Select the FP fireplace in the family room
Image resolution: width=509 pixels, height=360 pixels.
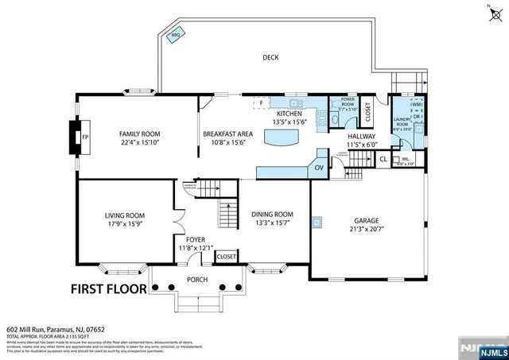click(85, 137)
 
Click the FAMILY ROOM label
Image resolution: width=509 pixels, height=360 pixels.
click(140, 134)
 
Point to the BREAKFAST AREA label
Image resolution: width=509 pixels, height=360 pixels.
click(227, 134)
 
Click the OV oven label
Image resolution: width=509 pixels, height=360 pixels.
click(319, 168)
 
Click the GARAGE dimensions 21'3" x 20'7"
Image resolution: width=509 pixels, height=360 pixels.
click(366, 230)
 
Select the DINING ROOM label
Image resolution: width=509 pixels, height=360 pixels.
click(272, 215)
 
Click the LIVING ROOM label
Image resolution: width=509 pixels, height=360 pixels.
click(125, 215)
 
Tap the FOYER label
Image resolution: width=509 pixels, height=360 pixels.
click(196, 239)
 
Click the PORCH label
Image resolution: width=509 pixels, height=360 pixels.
click(197, 279)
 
